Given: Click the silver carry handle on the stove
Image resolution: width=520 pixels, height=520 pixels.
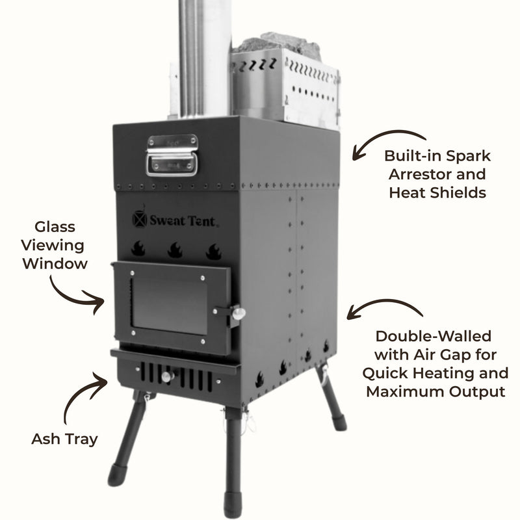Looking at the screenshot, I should point(172,156).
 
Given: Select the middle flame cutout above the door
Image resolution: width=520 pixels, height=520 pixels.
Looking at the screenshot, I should point(175,250).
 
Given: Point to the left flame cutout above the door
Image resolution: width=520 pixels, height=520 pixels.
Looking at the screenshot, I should point(138,248).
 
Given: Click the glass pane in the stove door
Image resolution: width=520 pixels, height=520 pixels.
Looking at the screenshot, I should point(169,304).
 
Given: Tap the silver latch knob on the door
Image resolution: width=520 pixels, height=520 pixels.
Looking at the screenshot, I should point(239,314).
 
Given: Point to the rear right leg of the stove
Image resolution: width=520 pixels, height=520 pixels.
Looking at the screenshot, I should point(331,400).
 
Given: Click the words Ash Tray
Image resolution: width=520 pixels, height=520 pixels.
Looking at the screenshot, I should point(64,439).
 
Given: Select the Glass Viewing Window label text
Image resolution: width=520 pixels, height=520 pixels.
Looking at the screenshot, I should point(55,245).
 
